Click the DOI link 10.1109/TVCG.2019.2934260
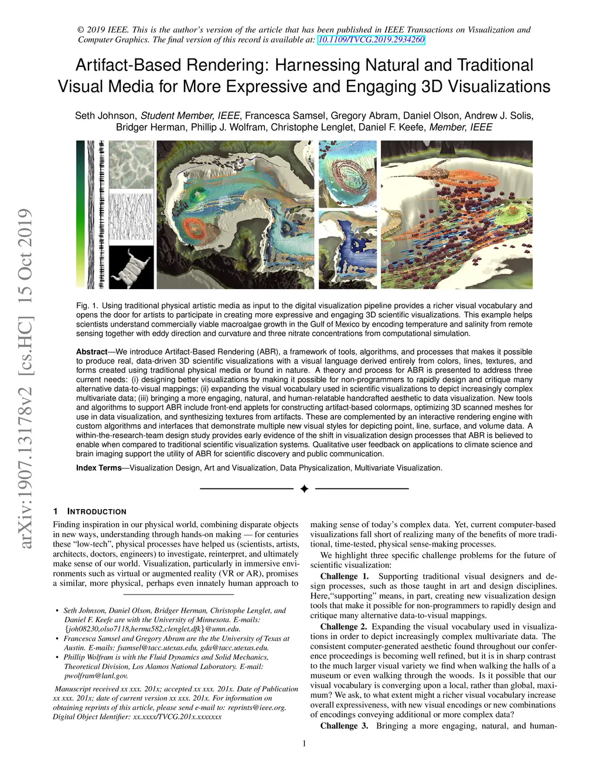371,40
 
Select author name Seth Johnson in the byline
105,116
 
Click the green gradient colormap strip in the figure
80,214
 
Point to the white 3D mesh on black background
131,267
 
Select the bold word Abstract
91,352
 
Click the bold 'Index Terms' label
98,468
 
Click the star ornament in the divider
304,488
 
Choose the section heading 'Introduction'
97,511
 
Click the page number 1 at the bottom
304,744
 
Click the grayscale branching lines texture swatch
131,218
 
